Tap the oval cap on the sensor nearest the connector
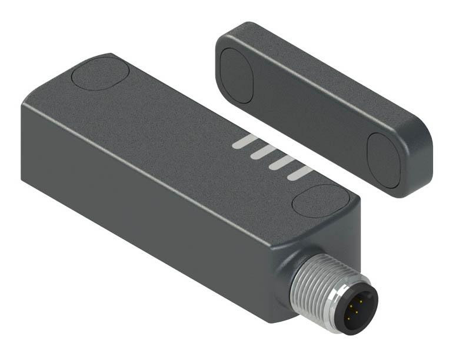point(320,201)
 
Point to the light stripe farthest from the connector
point(245,142)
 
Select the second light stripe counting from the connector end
point(281,162)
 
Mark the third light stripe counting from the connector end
point(263,152)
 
